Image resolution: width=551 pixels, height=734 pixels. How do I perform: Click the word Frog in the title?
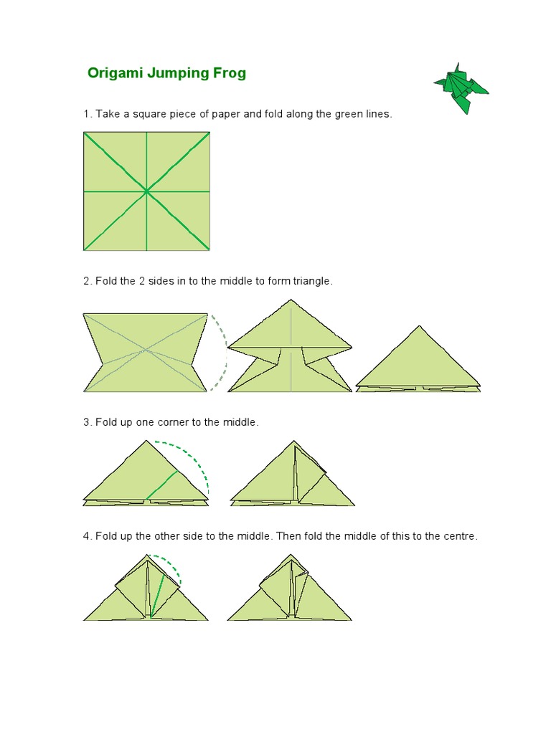(229, 73)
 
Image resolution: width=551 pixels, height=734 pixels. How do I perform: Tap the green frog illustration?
(461, 88)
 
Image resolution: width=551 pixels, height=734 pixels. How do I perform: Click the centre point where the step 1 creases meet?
(146, 191)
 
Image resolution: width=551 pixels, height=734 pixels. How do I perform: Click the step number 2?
(86, 281)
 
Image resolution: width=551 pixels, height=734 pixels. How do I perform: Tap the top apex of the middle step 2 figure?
(291, 300)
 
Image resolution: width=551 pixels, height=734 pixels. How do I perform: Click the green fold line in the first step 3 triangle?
(162, 485)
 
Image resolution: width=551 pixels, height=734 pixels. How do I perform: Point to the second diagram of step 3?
(293, 473)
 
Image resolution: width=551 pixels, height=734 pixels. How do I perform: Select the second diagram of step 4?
(290, 588)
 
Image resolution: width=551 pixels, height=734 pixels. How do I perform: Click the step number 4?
(86, 536)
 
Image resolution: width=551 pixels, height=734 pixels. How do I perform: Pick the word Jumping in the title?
(178, 74)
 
